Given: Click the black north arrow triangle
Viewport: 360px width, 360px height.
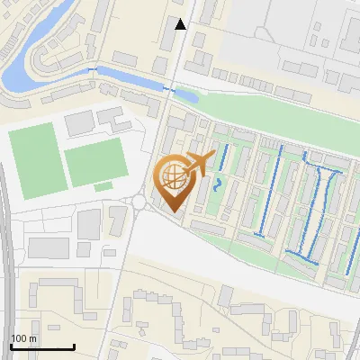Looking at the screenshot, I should pos(181,24).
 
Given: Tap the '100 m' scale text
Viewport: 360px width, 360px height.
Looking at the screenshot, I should pos(23,338).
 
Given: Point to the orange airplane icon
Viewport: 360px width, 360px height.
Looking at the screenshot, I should pos(199,163).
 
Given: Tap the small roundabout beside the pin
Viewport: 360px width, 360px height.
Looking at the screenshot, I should pos(139,202).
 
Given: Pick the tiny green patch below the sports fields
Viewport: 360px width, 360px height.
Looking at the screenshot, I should pos(103,186).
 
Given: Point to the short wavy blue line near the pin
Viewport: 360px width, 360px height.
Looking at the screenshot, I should pos(220,185).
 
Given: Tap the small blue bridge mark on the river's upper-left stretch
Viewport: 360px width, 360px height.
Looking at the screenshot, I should pos(93,68).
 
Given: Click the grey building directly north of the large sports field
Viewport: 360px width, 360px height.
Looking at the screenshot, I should pos(79,121).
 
